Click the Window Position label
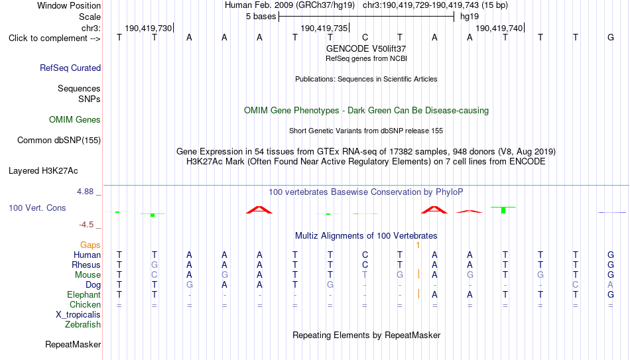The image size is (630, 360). coord(69,5)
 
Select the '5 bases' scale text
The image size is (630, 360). coord(261,17)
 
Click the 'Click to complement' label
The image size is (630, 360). coord(54,38)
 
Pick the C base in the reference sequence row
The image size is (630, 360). coord(365,37)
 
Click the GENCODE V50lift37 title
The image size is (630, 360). coord(366,48)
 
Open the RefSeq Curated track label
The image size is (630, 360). coord(70,68)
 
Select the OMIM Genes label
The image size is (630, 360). coord(75,120)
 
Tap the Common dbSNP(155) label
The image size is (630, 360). coord(59,141)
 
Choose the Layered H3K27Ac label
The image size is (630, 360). coord(43,171)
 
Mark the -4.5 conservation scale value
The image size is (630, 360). coord(86,225)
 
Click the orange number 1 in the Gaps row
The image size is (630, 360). coord(418,245)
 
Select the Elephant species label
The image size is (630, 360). coord(84,295)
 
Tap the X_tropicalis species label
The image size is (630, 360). coord(78,315)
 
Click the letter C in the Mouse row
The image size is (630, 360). coord(155,275)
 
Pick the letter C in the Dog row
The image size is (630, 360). coord(576,285)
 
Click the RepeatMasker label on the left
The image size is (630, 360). coord(73,344)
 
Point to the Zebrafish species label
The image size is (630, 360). coord(83,325)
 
